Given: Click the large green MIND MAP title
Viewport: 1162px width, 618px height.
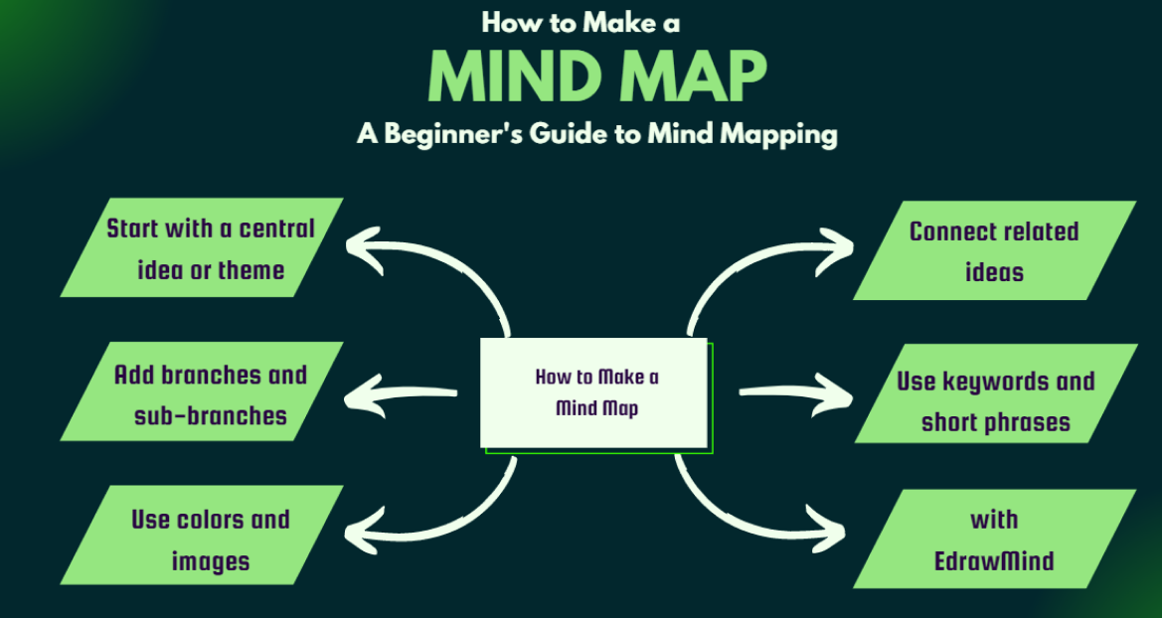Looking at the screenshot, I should pyautogui.click(x=596, y=77).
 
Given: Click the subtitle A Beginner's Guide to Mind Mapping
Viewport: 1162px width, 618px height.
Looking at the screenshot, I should pyautogui.click(x=596, y=134).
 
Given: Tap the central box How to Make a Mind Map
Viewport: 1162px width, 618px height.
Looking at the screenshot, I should pyautogui.click(x=596, y=392).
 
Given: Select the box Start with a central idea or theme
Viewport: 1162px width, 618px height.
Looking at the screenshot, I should pyautogui.click(x=203, y=248).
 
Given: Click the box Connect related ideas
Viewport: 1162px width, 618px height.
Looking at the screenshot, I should pyautogui.click(x=994, y=250).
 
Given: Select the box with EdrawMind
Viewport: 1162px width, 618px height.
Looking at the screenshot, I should pyautogui.click(x=994, y=540).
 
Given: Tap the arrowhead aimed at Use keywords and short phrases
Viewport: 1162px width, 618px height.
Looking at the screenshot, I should pyautogui.click(x=830, y=391).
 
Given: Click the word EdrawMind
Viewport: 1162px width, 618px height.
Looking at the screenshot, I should pyautogui.click(x=994, y=561).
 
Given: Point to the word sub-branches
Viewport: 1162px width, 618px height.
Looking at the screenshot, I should pyautogui.click(x=211, y=415).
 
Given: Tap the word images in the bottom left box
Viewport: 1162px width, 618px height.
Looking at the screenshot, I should pyautogui.click(x=211, y=561).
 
